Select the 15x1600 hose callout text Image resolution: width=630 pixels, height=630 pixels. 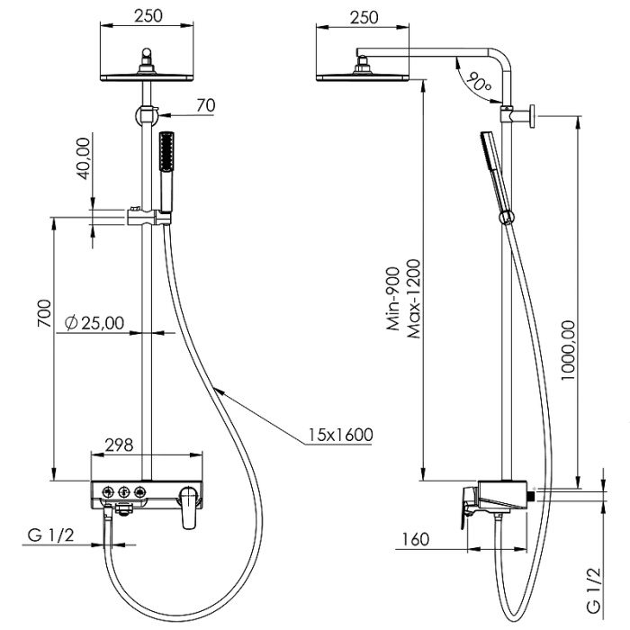[x=338, y=436]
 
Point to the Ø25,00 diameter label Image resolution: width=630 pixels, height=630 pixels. [x=95, y=323]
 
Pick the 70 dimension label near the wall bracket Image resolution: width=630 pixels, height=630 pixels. [x=205, y=105]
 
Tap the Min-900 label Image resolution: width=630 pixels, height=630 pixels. [x=393, y=300]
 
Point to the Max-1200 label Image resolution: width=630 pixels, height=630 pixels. [x=414, y=300]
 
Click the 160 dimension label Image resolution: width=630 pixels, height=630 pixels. [x=415, y=539]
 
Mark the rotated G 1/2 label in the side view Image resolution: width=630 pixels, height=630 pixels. [x=594, y=589]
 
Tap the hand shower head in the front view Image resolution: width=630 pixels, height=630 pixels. [x=166, y=153]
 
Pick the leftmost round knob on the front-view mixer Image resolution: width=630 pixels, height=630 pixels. [x=105, y=491]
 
